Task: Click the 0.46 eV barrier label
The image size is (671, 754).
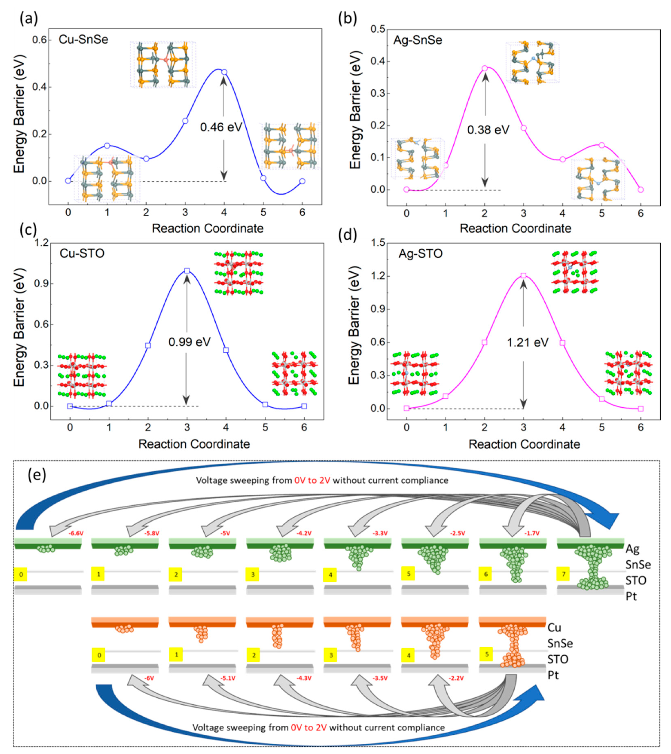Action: click(x=221, y=127)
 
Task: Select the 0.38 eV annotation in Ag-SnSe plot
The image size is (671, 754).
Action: click(x=488, y=130)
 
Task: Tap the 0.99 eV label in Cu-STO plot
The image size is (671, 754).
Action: click(x=189, y=342)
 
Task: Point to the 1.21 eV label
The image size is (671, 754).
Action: click(x=527, y=343)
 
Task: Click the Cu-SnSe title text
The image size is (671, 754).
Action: click(x=83, y=39)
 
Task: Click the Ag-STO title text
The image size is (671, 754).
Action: click(x=420, y=254)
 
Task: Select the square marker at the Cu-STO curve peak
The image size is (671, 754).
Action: click(x=187, y=271)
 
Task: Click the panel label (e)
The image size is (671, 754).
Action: click(x=37, y=475)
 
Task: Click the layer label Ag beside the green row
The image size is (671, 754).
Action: click(x=632, y=549)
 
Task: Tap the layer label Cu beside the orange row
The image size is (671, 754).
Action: click(x=554, y=627)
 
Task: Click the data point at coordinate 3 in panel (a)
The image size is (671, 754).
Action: click(x=185, y=121)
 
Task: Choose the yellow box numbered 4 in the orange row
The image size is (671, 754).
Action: click(x=408, y=656)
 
